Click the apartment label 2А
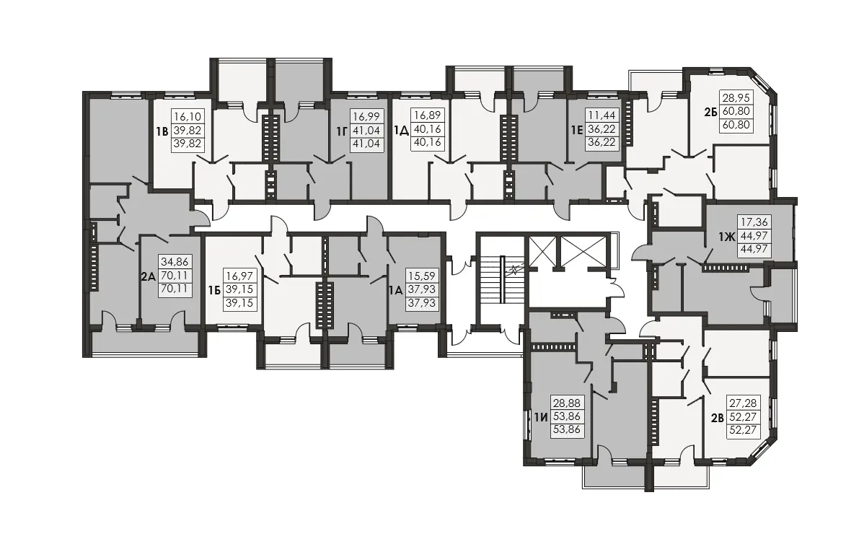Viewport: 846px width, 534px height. (149, 277)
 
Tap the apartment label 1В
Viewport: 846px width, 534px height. (162, 132)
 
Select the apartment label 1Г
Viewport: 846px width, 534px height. (341, 131)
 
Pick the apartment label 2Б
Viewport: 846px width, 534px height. (710, 113)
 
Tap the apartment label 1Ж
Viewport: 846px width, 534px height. (727, 236)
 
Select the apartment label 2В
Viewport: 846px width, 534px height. (717, 417)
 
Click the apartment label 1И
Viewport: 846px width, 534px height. (541, 417)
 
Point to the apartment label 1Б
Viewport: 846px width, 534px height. (214, 291)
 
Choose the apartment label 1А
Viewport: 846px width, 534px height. (395, 290)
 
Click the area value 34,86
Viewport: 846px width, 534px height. (175, 263)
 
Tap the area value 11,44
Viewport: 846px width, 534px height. (602, 115)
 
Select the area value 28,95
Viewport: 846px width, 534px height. (736, 98)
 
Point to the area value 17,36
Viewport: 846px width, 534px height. (754, 222)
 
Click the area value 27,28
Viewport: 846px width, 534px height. (744, 403)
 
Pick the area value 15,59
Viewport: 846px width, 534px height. (421, 276)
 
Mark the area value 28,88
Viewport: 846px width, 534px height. (567, 403)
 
